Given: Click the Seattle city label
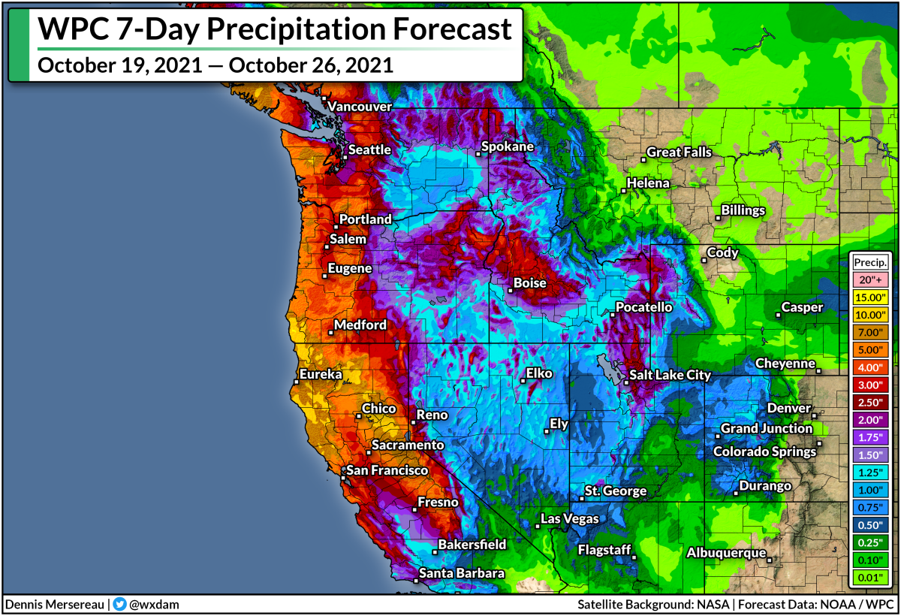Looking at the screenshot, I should coord(369,149).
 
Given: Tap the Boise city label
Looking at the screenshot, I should coord(529,283).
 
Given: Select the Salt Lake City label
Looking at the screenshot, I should coord(670,375).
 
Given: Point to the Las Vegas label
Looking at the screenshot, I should coord(570,518).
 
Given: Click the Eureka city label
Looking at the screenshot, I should coord(321,374).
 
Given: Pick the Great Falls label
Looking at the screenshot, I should coord(679,152).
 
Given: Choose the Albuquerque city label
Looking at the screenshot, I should coord(725,552).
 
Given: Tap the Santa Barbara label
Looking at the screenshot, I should coord(461,573).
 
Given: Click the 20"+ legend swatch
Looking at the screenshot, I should coord(870,279).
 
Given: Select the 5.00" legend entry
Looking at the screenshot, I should coord(870,349).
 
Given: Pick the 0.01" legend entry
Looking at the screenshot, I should coord(870,577).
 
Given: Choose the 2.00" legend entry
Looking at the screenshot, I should coord(870,419).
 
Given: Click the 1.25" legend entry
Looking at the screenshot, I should coord(870,472).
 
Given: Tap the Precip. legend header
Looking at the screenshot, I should coord(870,262).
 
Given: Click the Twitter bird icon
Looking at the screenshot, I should coord(119,604).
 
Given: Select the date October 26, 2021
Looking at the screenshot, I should coord(311,65).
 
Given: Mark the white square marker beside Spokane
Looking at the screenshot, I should coord(478,154).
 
